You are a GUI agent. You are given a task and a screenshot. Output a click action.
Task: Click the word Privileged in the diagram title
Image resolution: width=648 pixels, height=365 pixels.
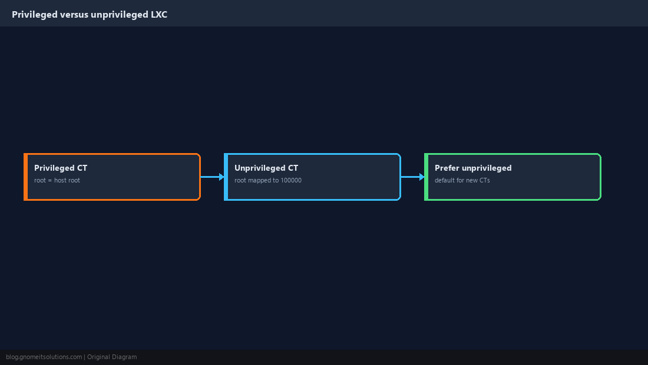[35, 15]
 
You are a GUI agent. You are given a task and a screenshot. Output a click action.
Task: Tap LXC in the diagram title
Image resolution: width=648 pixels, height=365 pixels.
[159, 15]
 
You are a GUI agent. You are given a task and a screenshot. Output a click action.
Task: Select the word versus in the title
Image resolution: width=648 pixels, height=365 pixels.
[74, 15]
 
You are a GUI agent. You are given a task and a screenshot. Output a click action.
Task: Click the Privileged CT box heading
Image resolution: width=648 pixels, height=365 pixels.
[61, 168]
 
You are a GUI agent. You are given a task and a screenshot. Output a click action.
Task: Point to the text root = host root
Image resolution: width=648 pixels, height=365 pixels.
[57, 180]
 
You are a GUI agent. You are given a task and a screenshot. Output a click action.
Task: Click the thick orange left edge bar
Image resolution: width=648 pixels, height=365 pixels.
[25, 177]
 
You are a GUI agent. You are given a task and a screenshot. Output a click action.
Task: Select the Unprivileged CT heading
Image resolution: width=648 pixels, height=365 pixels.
[266, 168]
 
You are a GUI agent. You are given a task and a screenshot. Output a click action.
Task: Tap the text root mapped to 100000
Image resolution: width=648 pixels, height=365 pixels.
[268, 180]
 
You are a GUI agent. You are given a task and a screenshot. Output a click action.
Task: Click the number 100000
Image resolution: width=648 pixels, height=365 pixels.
[291, 180]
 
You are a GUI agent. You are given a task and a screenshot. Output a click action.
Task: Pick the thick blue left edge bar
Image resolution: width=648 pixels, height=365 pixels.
[226, 177]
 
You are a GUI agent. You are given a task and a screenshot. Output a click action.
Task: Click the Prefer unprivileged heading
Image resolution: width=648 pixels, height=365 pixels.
[473, 168]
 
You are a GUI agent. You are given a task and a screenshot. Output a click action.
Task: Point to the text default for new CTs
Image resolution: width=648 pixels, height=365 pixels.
[462, 180]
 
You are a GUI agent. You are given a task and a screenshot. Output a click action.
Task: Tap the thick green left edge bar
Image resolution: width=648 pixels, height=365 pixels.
[426, 177]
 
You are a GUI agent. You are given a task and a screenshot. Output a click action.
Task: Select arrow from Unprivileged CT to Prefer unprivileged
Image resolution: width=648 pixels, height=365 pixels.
[412, 177]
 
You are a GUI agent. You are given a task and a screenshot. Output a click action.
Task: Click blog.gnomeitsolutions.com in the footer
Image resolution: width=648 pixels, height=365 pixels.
[44, 357]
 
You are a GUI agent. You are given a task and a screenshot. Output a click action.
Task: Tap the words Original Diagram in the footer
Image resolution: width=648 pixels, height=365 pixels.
[112, 357]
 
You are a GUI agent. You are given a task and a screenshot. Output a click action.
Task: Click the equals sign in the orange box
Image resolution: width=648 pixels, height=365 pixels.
[50, 180]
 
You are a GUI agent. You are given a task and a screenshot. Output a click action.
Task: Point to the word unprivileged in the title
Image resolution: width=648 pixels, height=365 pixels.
[120, 15]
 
